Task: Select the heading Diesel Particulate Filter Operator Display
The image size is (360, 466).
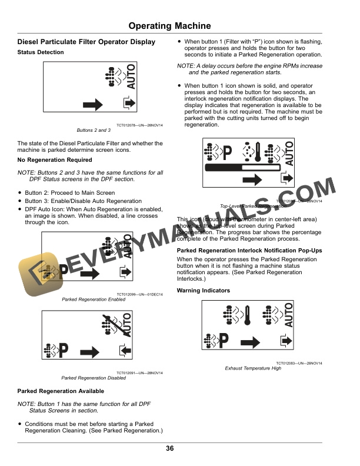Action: (86, 42)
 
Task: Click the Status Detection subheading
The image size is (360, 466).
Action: (41, 52)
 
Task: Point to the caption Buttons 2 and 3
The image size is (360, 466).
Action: (94, 129)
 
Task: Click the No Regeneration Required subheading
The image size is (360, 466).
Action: (55, 160)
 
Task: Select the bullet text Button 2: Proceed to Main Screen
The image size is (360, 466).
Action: (69, 193)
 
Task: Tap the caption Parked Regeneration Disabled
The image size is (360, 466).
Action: (94, 378)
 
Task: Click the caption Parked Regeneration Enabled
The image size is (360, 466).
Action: (94, 299)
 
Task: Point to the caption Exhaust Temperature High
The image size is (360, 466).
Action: (253, 368)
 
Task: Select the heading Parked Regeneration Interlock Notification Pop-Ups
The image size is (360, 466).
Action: (249, 250)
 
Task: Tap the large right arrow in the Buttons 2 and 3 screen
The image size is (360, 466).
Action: (94, 105)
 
